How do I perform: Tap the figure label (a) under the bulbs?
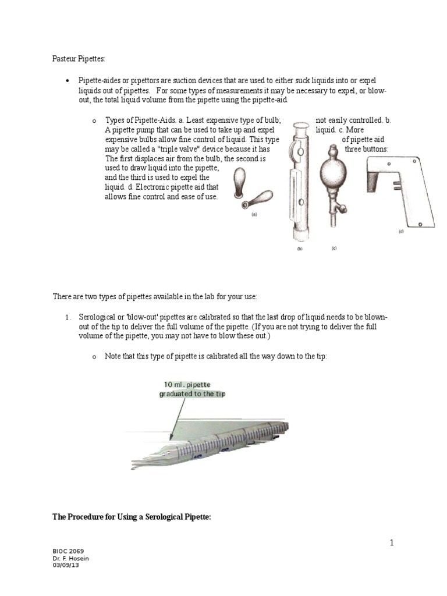(x=254, y=214)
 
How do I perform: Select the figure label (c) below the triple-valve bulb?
(x=334, y=248)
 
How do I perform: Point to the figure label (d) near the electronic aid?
(x=400, y=231)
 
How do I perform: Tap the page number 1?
(x=392, y=542)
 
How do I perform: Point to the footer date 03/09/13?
(x=66, y=565)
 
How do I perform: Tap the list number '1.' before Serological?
(x=68, y=317)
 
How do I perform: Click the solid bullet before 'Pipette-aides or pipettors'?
(x=68, y=80)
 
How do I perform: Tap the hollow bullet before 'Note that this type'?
(x=93, y=357)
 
